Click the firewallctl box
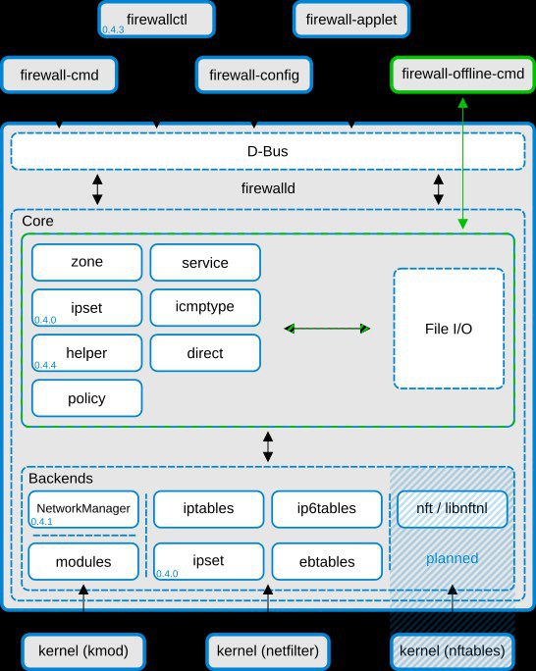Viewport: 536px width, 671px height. pos(156,20)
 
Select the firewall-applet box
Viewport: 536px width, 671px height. pos(351,20)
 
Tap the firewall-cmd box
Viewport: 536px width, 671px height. pos(59,75)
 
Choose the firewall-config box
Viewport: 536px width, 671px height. pos(254,75)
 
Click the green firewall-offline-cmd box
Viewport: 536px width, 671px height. pos(462,74)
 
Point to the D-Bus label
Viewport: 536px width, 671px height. pos(268,151)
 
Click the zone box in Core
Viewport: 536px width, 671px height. pos(87,262)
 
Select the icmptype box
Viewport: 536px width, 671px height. pos(205,307)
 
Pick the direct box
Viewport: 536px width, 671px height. pos(205,352)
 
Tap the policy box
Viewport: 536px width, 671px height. pos(87,398)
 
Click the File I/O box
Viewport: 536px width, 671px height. pos(449,329)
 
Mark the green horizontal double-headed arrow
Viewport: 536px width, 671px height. pos(327,329)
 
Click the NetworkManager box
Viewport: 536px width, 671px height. pos(83,509)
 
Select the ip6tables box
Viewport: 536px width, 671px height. pos(327,509)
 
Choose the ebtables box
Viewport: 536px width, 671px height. pos(327,561)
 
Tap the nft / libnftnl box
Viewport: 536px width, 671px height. pos(453,509)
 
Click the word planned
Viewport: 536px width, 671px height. pos(453,558)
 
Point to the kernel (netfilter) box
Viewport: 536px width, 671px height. pos(268,651)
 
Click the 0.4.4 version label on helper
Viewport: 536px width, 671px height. pos(45,365)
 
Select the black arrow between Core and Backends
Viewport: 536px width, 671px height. pos(268,446)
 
